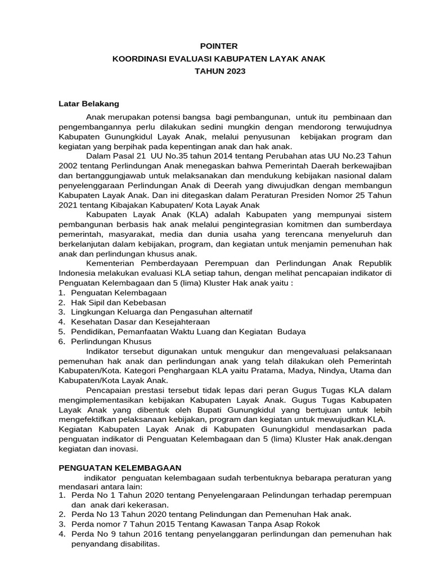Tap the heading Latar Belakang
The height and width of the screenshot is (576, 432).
click(x=89, y=103)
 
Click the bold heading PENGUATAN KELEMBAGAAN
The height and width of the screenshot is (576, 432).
click(x=120, y=467)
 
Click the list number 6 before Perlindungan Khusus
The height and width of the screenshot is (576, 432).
click(x=61, y=341)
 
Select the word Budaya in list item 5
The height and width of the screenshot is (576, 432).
click(x=292, y=331)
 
